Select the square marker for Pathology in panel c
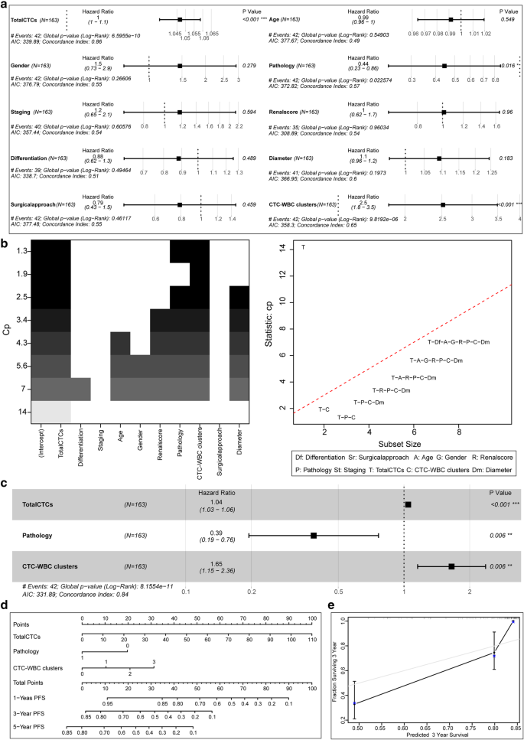314,536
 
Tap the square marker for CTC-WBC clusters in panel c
451,566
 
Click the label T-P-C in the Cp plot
336,417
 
